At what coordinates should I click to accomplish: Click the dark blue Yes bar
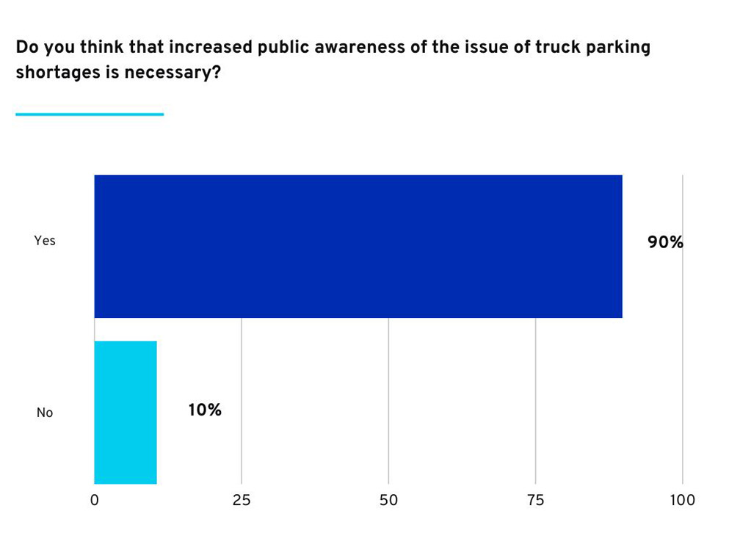358,246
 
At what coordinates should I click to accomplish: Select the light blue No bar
126,412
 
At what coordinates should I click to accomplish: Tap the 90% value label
665,242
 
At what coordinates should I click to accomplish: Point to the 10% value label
205,410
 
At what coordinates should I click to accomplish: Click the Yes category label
45,241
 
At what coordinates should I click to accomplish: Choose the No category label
45,413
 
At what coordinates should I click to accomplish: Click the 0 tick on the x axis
95,500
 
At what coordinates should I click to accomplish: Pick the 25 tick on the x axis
242,500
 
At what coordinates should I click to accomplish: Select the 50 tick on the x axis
388,500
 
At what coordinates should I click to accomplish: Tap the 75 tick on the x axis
536,500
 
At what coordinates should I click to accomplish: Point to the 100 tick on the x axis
683,500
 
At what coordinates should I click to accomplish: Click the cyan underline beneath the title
90,115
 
